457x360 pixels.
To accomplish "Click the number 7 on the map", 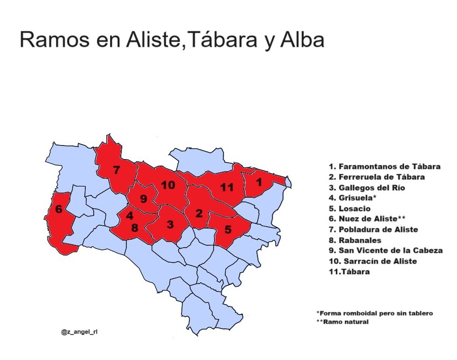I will click(116, 170).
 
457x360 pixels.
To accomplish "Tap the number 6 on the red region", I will click(59, 209).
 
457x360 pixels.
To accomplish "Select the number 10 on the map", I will click(168, 185).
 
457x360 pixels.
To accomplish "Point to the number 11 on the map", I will click(227, 187).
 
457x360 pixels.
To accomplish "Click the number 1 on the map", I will click(259, 181).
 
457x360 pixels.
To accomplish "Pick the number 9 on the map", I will click(143, 199).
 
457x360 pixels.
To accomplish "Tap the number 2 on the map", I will click(199, 214).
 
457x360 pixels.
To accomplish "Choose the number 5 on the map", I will click(228, 229).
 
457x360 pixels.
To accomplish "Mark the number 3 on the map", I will click(170, 224).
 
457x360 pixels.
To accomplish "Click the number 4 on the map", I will click(129, 216).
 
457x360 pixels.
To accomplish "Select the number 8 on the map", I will click(134, 228).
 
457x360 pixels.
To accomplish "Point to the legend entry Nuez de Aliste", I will click(369, 219).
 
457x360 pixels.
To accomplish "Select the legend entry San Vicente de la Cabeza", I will click(386, 250).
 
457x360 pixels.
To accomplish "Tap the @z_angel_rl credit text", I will click(79, 332).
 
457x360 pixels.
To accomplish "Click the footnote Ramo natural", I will click(342, 322).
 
